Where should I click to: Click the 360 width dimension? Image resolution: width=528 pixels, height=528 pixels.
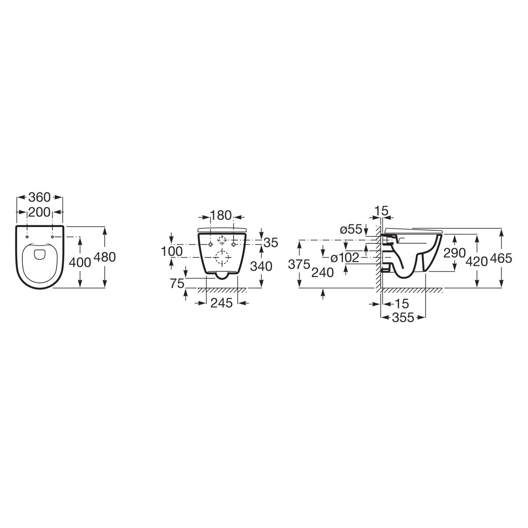point(40,197)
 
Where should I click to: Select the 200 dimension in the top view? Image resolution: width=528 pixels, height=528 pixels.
point(40,212)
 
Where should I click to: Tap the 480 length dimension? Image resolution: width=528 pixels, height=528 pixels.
point(105,257)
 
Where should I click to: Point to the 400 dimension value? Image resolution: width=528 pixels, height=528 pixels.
point(80,263)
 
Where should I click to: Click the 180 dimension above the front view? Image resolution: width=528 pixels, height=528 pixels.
point(221,216)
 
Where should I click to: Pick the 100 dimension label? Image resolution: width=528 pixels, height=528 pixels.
point(172,251)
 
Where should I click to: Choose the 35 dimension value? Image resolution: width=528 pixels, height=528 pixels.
point(271,242)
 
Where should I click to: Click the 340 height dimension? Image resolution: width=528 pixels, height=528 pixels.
point(261,266)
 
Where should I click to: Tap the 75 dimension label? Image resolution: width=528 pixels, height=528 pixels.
point(177,284)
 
